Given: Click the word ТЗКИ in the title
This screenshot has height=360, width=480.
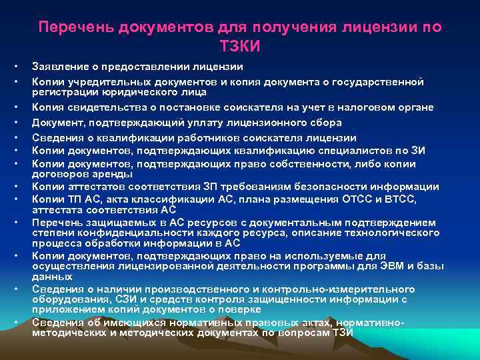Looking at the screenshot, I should pos(240,47).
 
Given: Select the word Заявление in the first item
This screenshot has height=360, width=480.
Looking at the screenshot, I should pos(59,67).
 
